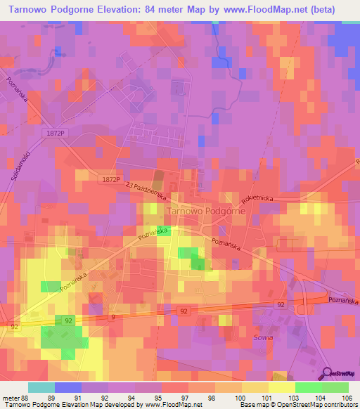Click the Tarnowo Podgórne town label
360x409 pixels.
pos(205,210)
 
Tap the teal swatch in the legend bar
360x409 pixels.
pos(41,387)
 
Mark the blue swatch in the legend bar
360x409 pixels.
pos(67,387)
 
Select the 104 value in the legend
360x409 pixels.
pos(321,397)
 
